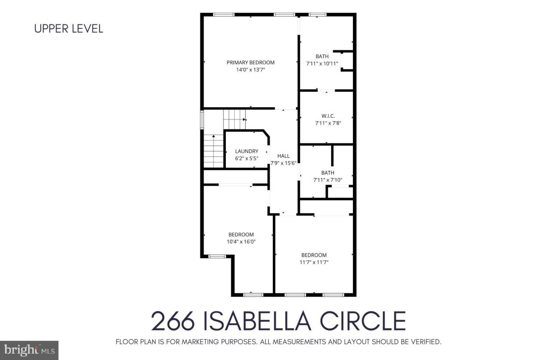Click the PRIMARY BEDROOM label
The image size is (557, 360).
click(250, 62)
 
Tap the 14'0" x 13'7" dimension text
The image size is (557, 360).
click(250, 70)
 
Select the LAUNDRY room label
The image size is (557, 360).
click(247, 151)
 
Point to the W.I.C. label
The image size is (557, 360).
click(328, 115)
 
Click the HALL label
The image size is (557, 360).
click(283, 156)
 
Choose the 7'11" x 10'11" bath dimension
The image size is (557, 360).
click(322, 64)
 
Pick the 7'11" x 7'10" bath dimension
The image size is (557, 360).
click(327, 180)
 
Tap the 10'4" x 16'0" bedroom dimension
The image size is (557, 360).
click(241, 241)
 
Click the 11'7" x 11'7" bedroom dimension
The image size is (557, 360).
click(314, 262)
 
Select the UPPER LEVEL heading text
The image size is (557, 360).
click(69, 29)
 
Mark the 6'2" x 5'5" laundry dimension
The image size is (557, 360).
click(247, 158)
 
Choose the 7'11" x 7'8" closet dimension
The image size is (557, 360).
click(328, 123)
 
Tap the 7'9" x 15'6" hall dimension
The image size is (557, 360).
click(283, 163)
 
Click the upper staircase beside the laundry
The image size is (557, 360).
click(234, 119)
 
